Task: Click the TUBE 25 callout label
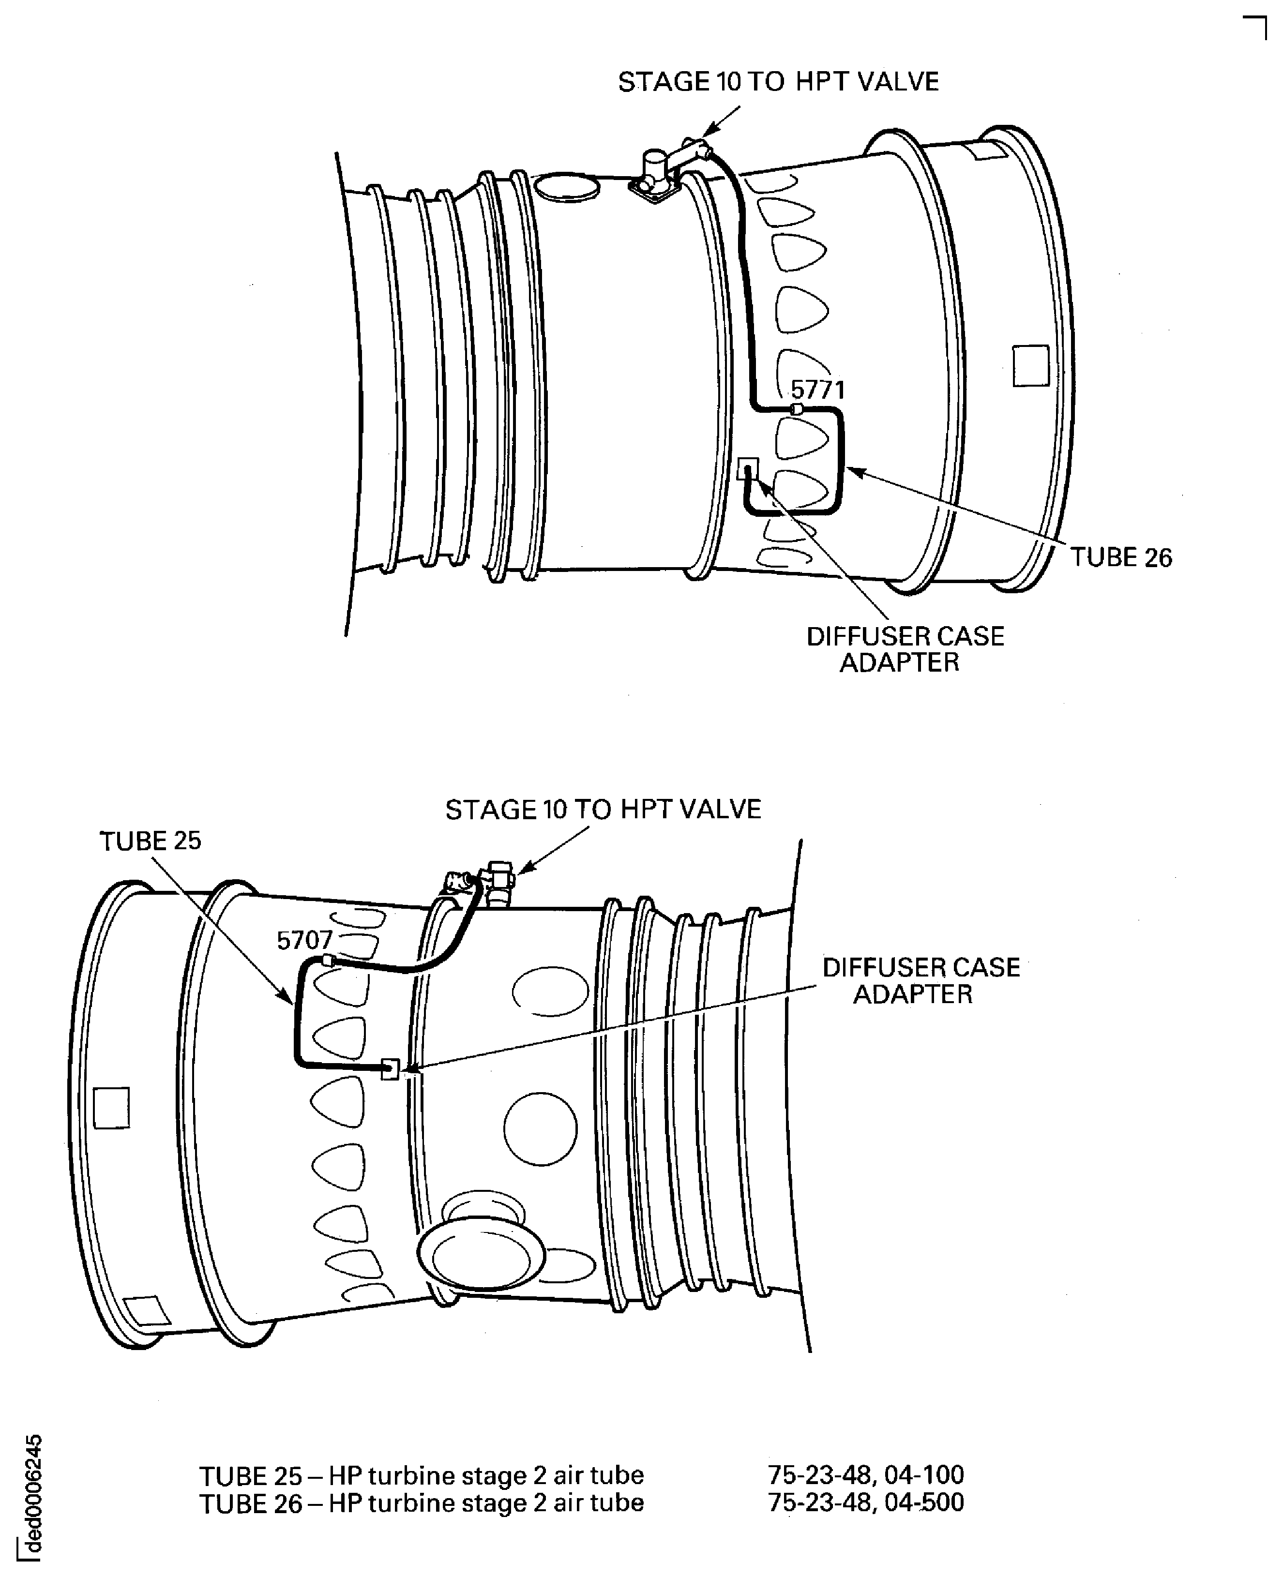(x=150, y=841)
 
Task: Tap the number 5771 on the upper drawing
(x=817, y=390)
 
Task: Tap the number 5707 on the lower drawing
(x=304, y=940)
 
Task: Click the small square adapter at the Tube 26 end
(x=748, y=468)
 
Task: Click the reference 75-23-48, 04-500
(x=865, y=1502)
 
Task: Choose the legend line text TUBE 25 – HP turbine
(x=421, y=1476)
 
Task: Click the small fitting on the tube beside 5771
(x=797, y=409)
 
